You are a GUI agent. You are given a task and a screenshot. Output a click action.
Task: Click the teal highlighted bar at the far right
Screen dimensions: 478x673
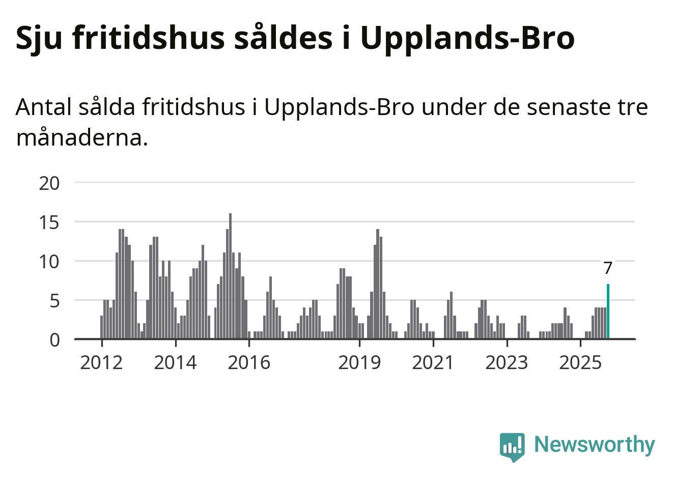[608, 312]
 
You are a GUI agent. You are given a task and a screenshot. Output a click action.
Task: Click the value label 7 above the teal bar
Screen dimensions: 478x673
[607, 268]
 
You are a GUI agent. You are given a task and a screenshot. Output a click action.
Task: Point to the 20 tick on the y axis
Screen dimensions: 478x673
[49, 183]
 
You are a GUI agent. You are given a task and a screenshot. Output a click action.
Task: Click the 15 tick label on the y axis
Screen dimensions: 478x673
[49, 222]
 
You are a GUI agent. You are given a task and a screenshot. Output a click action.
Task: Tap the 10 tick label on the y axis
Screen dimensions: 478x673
[49, 262]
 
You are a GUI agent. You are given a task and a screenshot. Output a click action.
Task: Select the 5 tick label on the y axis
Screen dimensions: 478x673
[54, 301]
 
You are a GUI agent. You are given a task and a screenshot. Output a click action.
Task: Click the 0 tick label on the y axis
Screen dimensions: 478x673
[54, 340]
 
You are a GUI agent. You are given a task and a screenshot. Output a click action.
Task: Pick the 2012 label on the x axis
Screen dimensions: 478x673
[101, 363]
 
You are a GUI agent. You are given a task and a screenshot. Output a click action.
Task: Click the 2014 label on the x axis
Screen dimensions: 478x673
[175, 363]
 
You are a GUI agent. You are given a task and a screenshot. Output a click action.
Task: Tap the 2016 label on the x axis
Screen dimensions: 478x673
[249, 363]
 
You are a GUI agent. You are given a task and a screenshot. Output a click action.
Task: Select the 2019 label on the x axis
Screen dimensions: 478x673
[359, 363]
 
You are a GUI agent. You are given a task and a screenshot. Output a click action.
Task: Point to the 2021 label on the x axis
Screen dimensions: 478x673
[433, 363]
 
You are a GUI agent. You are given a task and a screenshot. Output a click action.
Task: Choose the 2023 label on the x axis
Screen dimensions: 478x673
[507, 363]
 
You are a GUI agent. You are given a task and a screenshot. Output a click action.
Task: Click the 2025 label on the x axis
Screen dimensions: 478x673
[580, 363]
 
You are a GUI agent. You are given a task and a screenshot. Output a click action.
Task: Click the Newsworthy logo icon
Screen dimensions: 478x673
[512, 446]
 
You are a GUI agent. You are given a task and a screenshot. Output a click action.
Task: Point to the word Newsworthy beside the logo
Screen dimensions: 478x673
[594, 444]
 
